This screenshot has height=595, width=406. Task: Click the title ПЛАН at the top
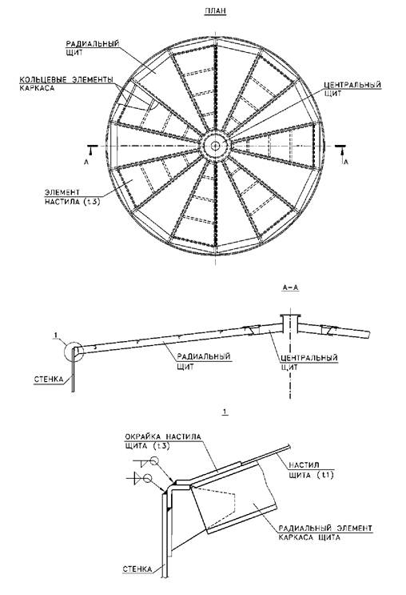(x=215, y=10)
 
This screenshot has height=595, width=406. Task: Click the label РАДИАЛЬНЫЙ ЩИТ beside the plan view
(x=93, y=48)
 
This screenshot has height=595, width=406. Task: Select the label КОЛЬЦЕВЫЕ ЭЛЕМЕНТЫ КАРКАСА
(x=66, y=84)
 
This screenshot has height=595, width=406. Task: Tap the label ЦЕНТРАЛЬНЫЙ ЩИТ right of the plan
(x=352, y=89)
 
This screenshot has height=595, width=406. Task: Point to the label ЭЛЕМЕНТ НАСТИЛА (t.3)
(x=73, y=197)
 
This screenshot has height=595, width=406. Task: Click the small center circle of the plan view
(x=216, y=146)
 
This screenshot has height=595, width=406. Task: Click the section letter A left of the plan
(x=86, y=162)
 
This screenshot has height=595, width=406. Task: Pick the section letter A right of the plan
(x=345, y=162)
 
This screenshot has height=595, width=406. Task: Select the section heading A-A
(x=290, y=287)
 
